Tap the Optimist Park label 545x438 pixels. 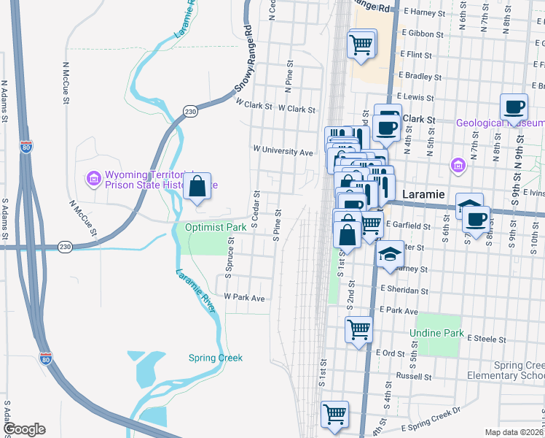pos(215,228)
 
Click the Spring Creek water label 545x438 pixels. pos(215,358)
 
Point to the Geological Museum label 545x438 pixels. pos(501,123)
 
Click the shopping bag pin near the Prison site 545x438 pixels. pos(197,188)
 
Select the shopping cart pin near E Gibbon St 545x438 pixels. pos(362,45)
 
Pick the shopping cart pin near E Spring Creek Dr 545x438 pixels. pos(334,415)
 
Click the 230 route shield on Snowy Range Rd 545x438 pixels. pos(190,111)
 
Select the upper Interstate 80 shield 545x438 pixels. pos(26,147)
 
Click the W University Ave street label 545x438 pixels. pos(283,151)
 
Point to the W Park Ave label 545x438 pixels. pos(244,298)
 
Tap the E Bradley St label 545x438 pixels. pos(416,75)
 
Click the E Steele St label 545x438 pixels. pos(487,339)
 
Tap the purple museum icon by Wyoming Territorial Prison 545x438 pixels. pos(93,178)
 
